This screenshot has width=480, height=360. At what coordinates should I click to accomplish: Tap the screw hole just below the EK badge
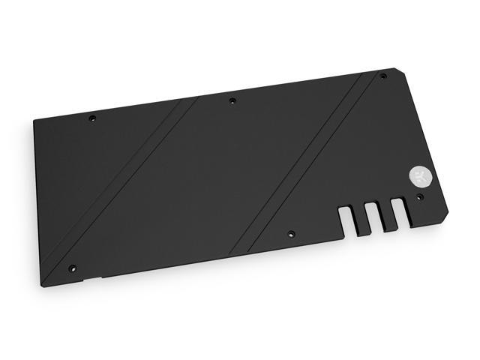418,196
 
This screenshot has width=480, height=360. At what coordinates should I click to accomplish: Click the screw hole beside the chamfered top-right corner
382,76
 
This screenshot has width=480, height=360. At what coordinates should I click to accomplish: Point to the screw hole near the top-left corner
92,118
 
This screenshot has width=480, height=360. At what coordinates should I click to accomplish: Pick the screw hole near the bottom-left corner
72,267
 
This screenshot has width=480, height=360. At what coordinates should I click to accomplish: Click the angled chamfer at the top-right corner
397,76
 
